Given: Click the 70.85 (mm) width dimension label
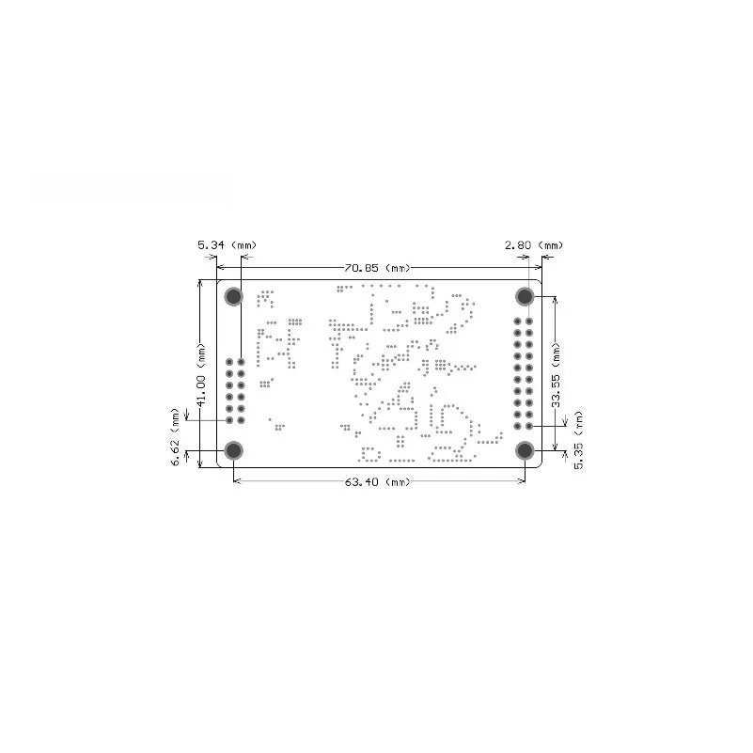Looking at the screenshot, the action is (x=378, y=268).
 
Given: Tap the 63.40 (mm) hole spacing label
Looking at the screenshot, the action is (x=378, y=481).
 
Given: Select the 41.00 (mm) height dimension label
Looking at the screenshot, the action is (x=202, y=374).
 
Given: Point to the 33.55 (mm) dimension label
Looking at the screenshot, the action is (x=557, y=374).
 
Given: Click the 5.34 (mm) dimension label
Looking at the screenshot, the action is (x=227, y=245).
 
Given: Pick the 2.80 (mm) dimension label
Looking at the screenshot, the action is (x=534, y=245).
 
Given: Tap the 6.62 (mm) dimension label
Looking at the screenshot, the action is (x=175, y=437).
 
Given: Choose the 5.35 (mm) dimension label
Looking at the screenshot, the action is (x=579, y=440).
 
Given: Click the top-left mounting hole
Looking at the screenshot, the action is (x=234, y=296).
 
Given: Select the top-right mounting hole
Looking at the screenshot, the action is (x=525, y=296).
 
